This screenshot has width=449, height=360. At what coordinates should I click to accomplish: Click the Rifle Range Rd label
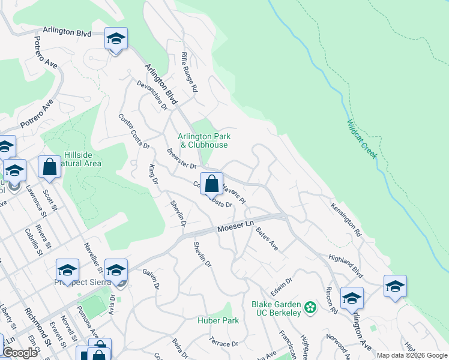[189, 71]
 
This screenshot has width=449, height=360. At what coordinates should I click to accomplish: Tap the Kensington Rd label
[346, 217]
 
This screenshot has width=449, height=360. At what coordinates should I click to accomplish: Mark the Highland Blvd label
[346, 266]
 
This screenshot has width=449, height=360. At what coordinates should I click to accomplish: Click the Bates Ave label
[267, 238]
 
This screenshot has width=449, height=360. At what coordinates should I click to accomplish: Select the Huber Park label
[218, 320]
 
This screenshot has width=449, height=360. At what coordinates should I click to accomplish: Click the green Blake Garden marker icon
[310, 308]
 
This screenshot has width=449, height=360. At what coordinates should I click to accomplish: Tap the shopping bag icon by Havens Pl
[211, 183]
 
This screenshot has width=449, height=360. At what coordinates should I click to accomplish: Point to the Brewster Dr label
[182, 158]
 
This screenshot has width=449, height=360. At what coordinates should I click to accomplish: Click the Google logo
[20, 353]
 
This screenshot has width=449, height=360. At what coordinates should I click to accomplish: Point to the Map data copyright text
[411, 355]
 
